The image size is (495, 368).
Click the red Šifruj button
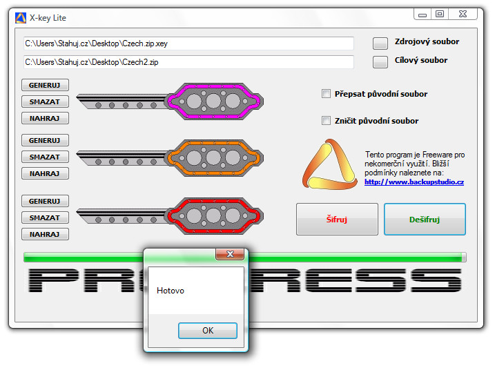pos(337,219)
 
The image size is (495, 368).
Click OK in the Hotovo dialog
pos(208,331)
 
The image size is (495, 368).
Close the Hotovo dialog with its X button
pos(230,254)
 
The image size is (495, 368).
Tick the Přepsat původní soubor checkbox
pos(326,94)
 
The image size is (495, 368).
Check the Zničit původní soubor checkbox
pos(326,121)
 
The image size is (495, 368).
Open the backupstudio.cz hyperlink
pos(414,182)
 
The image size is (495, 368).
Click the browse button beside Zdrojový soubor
pos(380,43)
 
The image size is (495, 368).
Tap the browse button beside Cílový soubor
pos(380,62)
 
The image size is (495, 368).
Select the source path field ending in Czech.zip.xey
pos(188,43)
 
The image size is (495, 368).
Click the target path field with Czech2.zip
pos(188,62)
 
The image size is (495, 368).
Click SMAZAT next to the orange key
pos(45,157)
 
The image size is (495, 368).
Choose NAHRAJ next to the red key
pos(45,234)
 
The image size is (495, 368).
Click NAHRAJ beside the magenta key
pos(45,118)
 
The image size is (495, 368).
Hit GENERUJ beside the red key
pos(45,201)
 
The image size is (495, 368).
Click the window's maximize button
pos(440,14)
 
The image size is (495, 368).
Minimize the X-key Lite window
pos(423,14)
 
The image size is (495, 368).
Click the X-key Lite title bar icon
pos(21,18)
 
